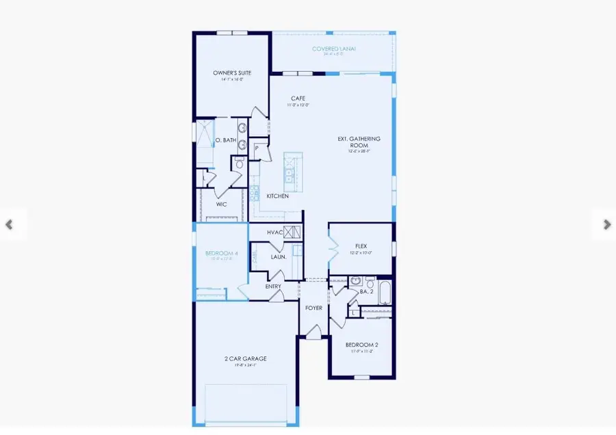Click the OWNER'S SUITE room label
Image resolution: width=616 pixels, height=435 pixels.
232,72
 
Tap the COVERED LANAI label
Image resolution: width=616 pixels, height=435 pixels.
333,49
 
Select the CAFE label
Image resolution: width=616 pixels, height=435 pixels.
298,98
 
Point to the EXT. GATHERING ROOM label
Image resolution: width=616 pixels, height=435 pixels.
359,142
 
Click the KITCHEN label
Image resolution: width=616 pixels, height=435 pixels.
277,196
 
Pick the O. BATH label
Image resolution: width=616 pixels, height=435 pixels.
226,140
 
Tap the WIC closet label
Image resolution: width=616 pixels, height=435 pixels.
221,204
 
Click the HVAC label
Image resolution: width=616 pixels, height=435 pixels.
275,233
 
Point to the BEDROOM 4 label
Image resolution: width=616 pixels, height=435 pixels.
222,254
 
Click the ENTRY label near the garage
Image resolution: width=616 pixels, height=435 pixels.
273,287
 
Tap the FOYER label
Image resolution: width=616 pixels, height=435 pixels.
313,308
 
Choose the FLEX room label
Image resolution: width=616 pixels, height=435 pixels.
361,246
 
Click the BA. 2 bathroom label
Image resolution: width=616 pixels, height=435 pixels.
365,292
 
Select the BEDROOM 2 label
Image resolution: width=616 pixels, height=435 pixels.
361,345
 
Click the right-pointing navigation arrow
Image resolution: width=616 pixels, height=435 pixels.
606,224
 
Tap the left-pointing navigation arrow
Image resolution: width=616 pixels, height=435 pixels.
9,224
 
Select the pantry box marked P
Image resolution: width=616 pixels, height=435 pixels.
257,148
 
